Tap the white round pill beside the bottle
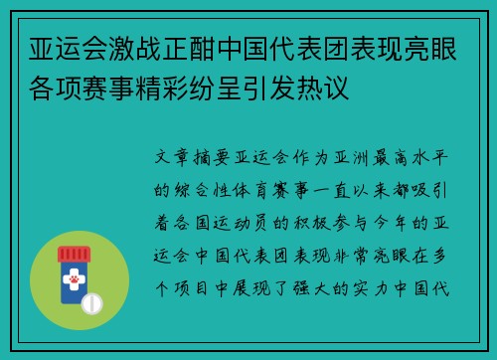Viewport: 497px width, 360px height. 93,301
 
